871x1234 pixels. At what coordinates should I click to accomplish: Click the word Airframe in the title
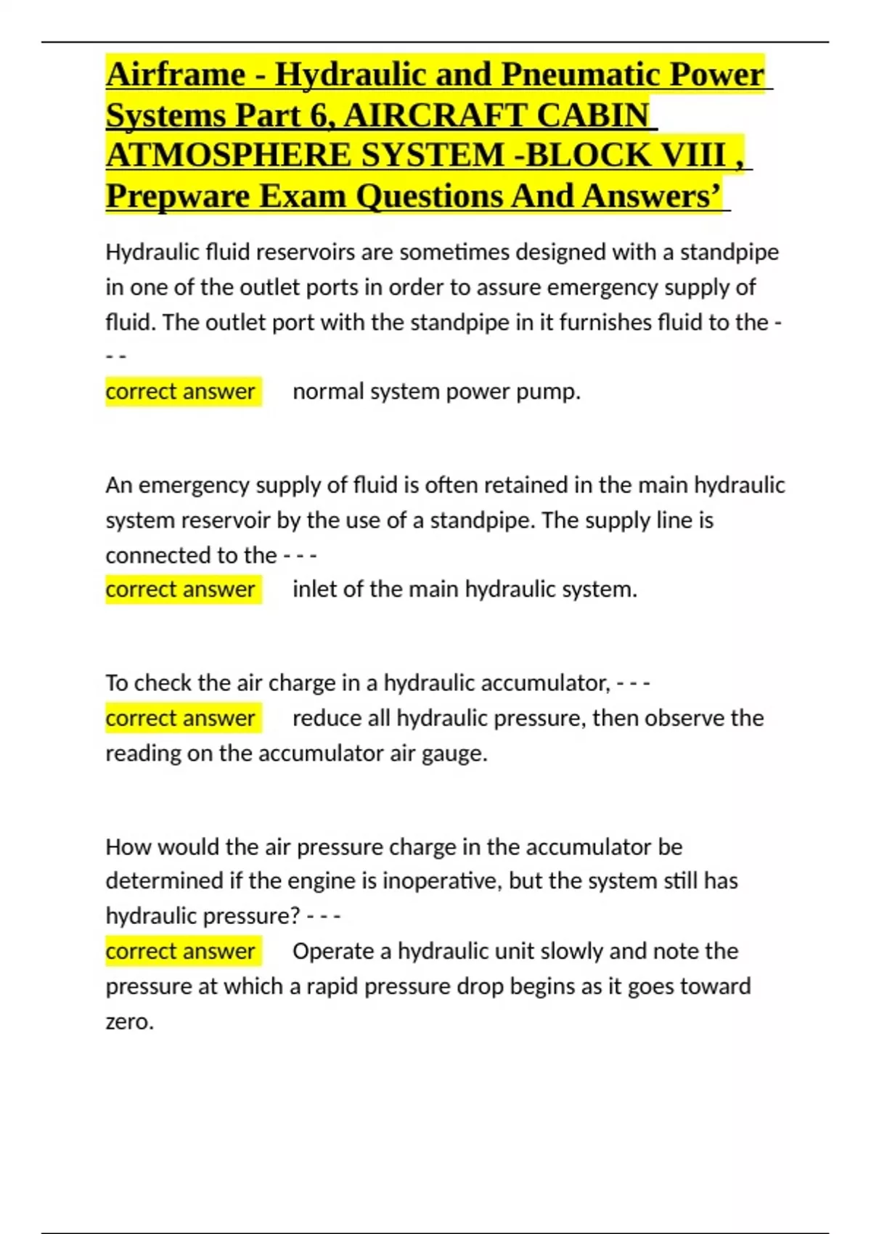[176, 75]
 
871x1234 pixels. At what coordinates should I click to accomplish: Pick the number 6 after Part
[319, 115]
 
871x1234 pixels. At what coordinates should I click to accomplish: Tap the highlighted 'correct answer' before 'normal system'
[180, 391]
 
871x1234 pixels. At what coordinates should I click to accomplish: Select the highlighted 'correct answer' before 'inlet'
[180, 589]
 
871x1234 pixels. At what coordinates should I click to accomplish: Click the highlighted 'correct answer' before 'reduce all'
[180, 718]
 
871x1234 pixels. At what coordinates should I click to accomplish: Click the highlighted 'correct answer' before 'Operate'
[180, 951]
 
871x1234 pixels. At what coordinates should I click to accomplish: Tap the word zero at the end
[128, 1021]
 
